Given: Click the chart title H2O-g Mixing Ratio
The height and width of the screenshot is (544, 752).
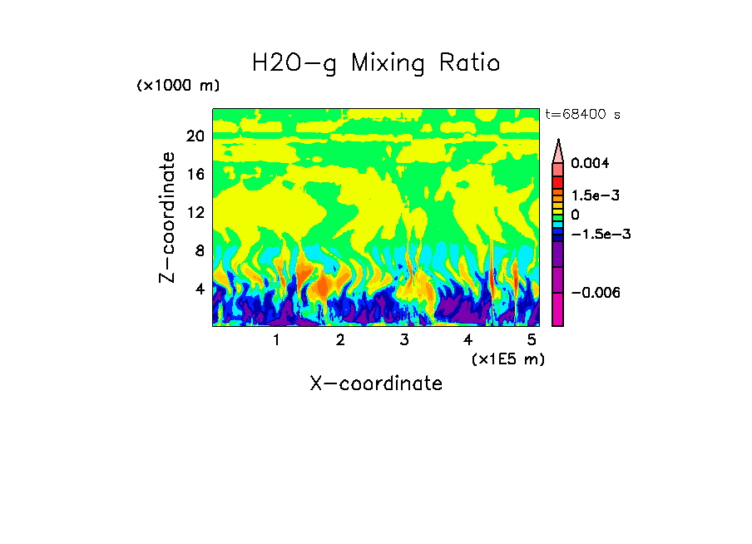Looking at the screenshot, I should click(x=376, y=62).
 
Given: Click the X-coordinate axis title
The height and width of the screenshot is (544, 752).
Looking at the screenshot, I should click(x=376, y=383).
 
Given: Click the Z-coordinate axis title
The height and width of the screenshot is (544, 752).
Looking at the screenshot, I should click(x=168, y=217).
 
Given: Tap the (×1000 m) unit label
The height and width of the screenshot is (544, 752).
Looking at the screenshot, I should click(x=177, y=87).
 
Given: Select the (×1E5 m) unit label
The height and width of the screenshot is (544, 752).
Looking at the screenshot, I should click(x=507, y=359).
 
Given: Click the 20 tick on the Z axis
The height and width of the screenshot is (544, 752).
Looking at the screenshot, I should click(x=195, y=136).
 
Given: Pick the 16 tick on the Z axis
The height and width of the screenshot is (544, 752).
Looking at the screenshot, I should click(x=195, y=175).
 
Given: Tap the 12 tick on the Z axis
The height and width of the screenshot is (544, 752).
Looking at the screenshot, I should click(x=195, y=213).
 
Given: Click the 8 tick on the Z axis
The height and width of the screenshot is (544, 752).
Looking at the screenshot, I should click(x=199, y=251).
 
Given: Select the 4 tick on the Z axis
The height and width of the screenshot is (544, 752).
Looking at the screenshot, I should click(x=199, y=289).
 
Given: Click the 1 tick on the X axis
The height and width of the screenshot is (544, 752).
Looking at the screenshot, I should click(x=276, y=340).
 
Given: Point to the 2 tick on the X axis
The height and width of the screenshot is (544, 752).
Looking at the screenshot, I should click(x=340, y=340).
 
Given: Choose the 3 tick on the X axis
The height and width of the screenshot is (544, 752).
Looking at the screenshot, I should click(x=404, y=340).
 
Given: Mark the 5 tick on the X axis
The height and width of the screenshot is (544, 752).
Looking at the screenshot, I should click(x=532, y=340).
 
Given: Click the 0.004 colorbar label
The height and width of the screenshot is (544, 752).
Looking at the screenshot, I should click(x=590, y=164).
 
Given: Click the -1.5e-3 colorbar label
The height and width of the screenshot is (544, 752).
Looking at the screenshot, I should click(x=599, y=234).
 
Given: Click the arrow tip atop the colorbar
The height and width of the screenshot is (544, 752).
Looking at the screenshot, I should click(x=557, y=143).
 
